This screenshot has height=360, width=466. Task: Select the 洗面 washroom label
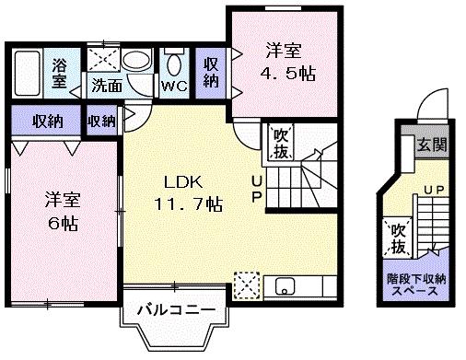click(106, 87)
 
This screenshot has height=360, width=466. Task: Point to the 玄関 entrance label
click(429, 145)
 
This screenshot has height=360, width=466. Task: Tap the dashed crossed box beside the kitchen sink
click(246, 284)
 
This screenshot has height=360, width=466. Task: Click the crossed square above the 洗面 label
click(103, 60)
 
